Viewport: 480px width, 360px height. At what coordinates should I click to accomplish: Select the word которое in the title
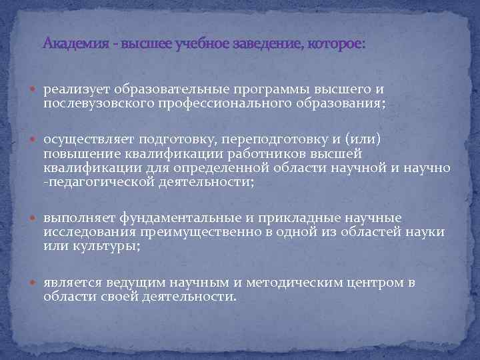pyautogui.click(x=337, y=45)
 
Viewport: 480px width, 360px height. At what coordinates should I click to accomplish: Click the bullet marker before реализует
pyautogui.click(x=35, y=89)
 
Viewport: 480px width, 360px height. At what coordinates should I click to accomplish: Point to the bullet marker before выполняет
pyautogui.click(x=35, y=218)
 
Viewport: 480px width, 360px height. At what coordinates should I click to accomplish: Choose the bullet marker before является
pyautogui.click(x=35, y=283)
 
